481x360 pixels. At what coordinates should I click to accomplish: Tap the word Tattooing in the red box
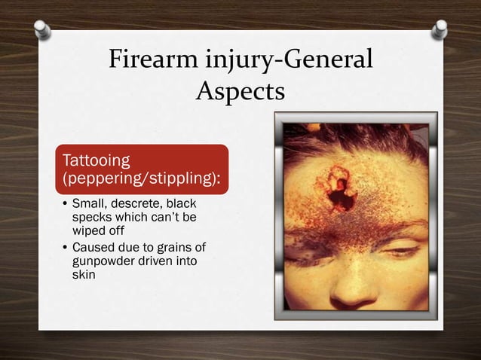click(x=95, y=160)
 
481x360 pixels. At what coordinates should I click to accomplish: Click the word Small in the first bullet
click(x=87, y=204)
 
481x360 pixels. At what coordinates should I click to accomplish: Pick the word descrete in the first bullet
click(x=137, y=204)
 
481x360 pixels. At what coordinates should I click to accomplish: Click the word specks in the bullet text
click(x=90, y=217)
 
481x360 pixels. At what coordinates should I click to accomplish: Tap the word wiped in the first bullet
click(x=87, y=230)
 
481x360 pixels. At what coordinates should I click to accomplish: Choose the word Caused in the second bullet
click(x=91, y=247)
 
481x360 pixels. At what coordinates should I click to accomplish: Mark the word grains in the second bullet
click(x=167, y=247)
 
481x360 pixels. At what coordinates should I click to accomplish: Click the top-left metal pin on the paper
click(x=43, y=30)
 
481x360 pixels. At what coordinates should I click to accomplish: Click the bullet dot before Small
click(x=65, y=205)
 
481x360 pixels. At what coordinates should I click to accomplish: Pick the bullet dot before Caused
click(x=65, y=248)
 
